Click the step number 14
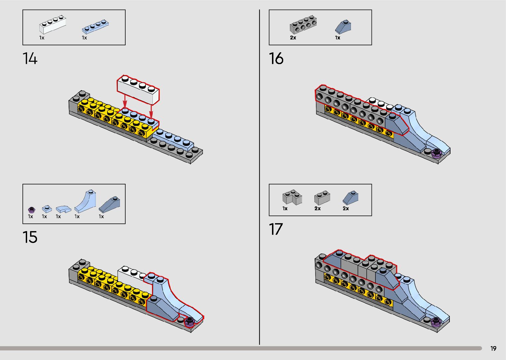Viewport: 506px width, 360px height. [30, 59]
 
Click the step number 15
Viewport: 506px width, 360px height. [30, 237]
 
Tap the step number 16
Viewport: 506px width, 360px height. [276, 59]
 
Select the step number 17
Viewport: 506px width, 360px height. [276, 229]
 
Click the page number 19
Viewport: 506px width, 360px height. [493, 348]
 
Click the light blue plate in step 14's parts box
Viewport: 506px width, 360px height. [95, 26]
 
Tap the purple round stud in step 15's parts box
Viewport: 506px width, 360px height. [31, 209]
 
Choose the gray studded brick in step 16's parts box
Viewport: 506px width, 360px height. [303, 24]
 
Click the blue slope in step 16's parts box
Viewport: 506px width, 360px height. [343, 26]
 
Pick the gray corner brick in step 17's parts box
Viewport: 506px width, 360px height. [292, 197]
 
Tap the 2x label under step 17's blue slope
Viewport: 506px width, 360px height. [346, 209]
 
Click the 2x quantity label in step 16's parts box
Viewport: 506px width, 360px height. [293, 38]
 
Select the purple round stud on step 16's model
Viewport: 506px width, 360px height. [436, 153]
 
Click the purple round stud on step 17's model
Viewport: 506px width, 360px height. [436, 321]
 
